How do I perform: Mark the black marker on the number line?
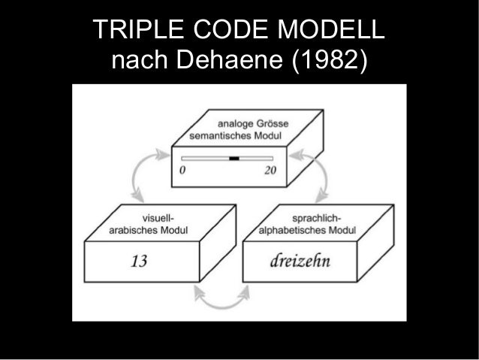click(x=233, y=159)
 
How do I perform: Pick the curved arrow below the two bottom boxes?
click(x=226, y=297)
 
